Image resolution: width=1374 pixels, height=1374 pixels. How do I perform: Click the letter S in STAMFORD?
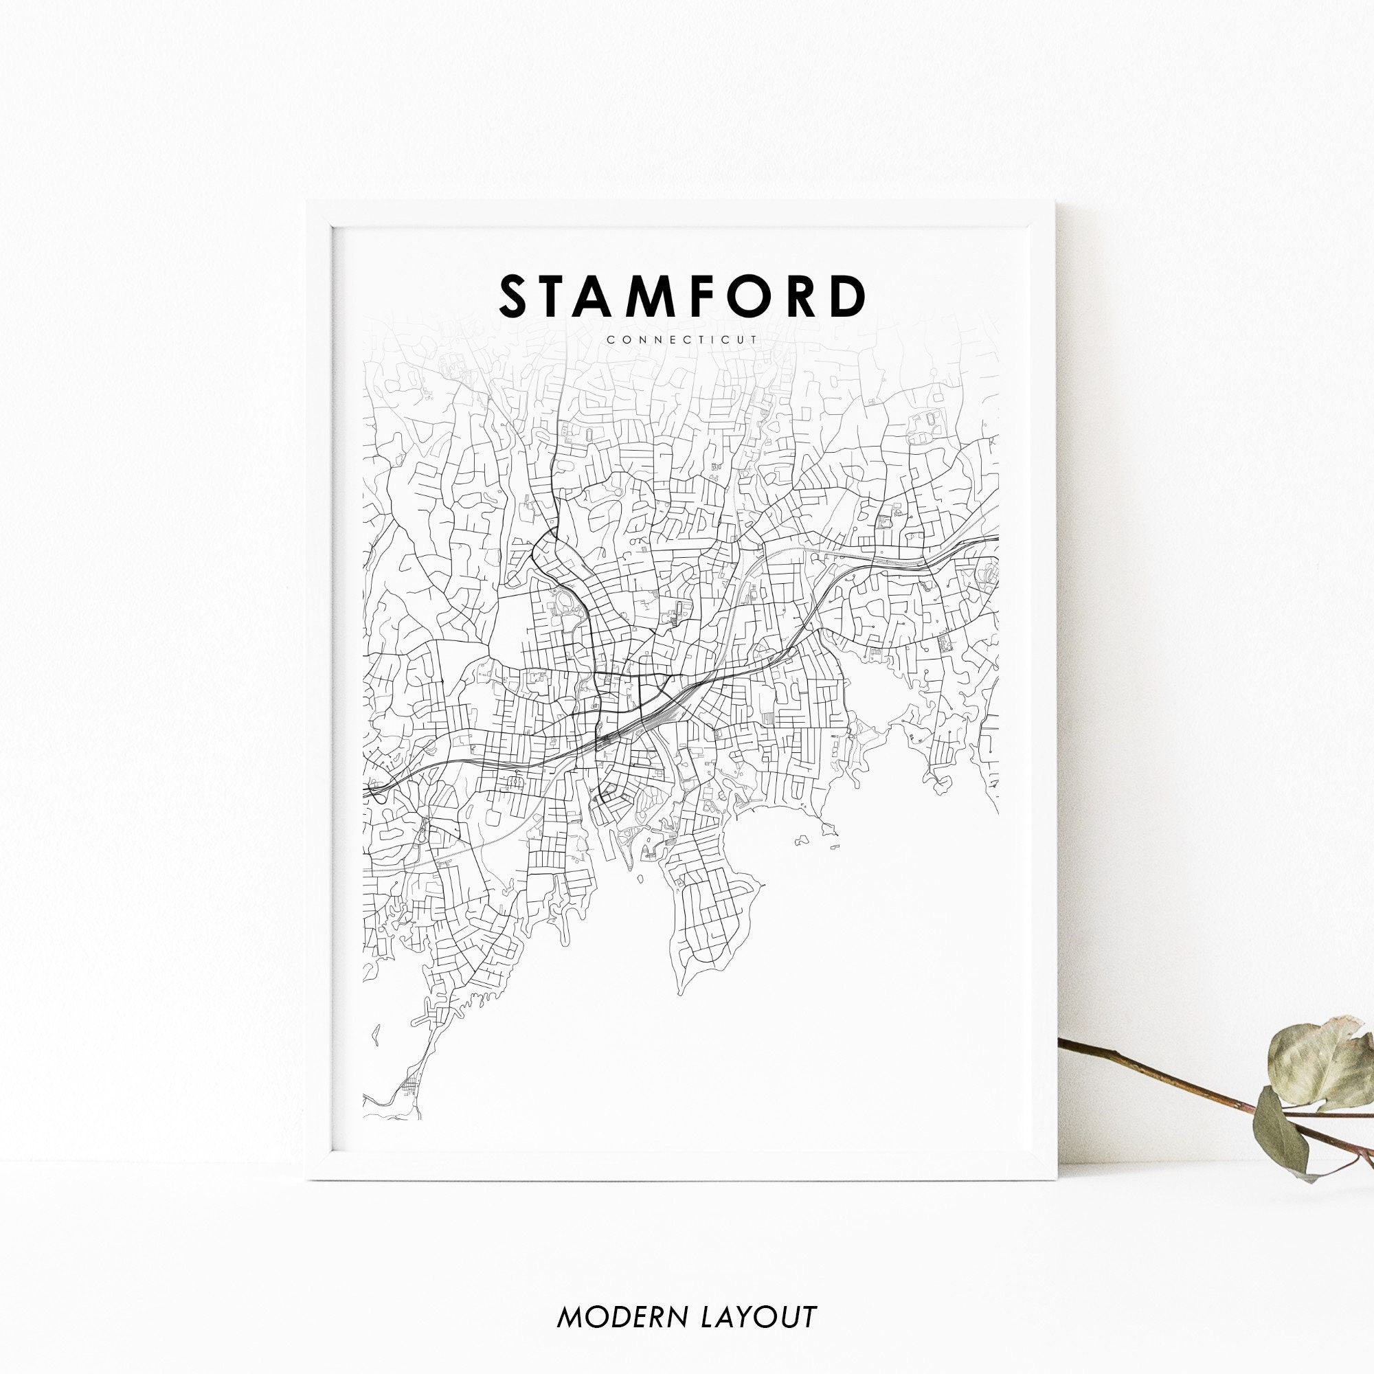pyautogui.click(x=517, y=297)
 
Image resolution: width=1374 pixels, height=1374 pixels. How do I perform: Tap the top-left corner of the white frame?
pyautogui.click(x=308, y=203)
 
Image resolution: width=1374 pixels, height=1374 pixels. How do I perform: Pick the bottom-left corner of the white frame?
pyautogui.click(x=308, y=1178)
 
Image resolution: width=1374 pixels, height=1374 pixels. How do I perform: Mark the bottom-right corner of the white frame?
pyautogui.click(x=1057, y=1178)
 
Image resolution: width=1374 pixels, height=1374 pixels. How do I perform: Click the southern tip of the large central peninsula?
pyautogui.click(x=681, y=993)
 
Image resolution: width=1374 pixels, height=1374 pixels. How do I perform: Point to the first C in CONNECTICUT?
pyautogui.click(x=611, y=340)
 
